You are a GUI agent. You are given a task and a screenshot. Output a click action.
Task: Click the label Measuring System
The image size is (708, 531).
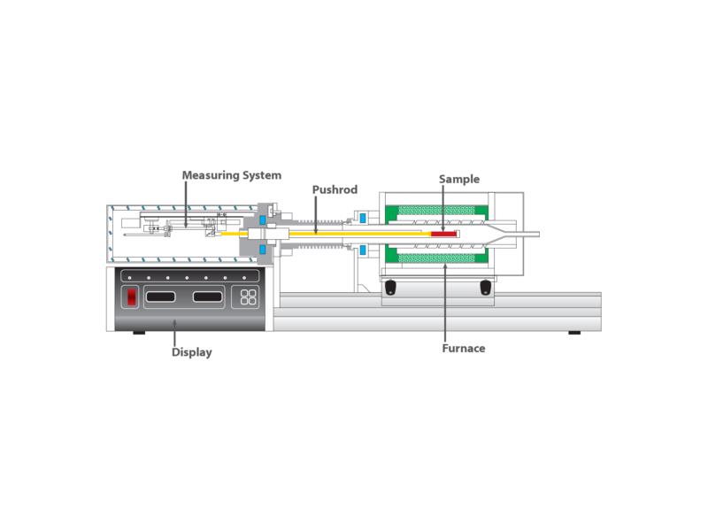coord(232,175)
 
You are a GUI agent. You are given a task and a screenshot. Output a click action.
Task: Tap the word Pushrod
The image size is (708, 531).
coord(335,189)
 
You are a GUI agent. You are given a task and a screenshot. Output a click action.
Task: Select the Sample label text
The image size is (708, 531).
coord(459,180)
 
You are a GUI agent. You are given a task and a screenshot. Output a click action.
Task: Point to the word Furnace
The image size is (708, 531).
coord(464,349)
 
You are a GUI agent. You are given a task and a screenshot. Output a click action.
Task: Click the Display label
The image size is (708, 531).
coord(192,352)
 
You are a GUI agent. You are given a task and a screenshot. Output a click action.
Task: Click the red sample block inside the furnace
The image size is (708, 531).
coord(443,234)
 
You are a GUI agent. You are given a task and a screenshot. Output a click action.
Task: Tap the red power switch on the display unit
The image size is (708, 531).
coord(131,296)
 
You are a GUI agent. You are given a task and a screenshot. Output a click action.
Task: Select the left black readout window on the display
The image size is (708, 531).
coord(160,296)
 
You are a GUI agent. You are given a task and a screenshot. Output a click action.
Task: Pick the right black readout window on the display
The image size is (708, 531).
coord(208,296)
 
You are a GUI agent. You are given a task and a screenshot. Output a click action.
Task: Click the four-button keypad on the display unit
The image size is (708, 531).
coord(248,297)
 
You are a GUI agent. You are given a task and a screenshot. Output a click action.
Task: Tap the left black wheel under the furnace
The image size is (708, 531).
coord(390,287)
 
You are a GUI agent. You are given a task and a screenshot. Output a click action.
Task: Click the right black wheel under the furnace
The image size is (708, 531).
coord(485,287)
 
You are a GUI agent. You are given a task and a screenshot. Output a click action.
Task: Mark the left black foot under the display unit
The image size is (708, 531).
coord(139,333)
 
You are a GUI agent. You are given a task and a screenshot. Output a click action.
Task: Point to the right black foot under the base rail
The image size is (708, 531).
coord(574,333)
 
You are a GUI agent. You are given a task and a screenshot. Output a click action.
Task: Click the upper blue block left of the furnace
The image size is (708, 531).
coord(362,218)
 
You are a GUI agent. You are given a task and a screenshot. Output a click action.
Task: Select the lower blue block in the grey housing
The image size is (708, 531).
coord(262,250)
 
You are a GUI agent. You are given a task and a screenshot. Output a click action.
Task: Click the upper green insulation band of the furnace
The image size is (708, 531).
coord(436,211)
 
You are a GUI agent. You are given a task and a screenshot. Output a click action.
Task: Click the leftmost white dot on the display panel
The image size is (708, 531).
coord(129,277)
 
